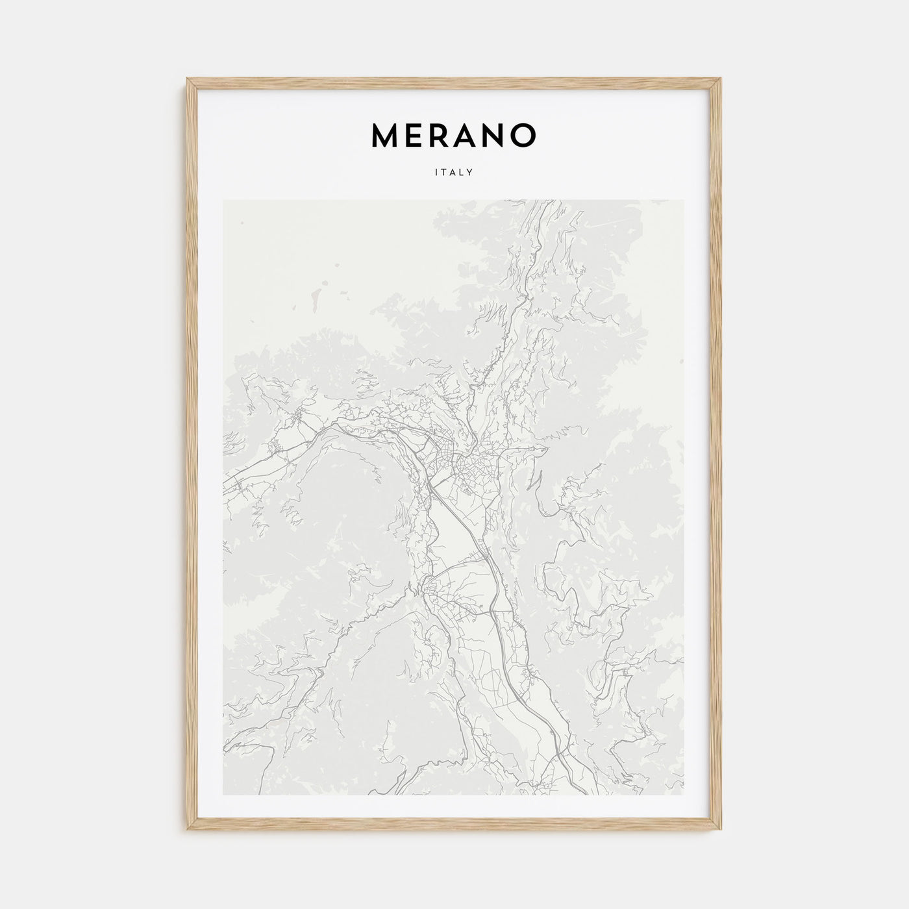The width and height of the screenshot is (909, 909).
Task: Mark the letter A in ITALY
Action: [x=454, y=173]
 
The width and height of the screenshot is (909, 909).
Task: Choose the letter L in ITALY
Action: [x=462, y=173]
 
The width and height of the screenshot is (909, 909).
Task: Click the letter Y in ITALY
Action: [x=470, y=173]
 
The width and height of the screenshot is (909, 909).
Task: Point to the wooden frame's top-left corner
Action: [x=187, y=79]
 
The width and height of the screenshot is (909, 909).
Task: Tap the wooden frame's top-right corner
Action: [x=722, y=79]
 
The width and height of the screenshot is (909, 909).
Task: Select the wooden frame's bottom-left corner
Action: [x=187, y=831]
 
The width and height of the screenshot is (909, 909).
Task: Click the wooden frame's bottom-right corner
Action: [x=722, y=831]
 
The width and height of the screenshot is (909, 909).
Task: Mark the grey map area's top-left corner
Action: [x=223, y=201]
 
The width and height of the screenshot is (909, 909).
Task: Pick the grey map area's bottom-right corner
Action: [x=684, y=795]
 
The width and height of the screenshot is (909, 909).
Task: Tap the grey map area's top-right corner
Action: [x=684, y=201]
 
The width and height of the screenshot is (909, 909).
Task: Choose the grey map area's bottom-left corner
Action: [x=223, y=795]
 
